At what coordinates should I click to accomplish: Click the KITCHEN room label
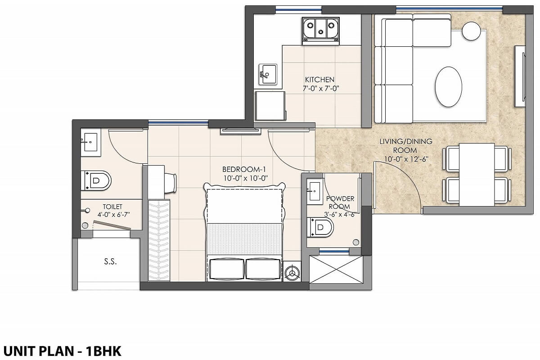click(x=318, y=80)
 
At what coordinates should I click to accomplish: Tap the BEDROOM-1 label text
click(x=245, y=169)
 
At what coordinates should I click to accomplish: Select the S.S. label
click(x=110, y=261)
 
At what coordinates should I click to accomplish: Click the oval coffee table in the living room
click(x=448, y=87)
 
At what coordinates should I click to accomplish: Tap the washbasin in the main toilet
click(x=90, y=142)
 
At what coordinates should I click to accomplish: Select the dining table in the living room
click(x=477, y=174)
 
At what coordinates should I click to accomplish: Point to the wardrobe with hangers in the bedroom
click(x=159, y=240)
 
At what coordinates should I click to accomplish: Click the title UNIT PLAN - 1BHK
click(x=63, y=351)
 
